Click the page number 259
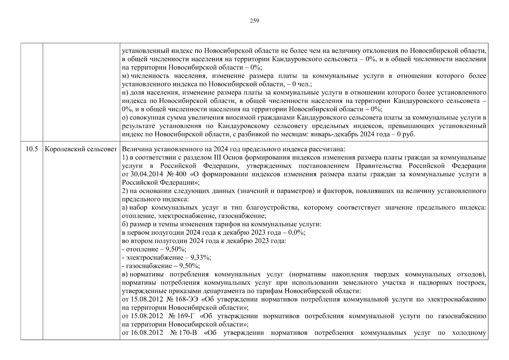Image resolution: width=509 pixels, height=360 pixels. [x=254, y=21]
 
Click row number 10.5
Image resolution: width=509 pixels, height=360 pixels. [x=31, y=149]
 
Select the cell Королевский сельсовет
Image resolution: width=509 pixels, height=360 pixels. [x=81, y=149]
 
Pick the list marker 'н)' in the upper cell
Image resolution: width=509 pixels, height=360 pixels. [x=125, y=92]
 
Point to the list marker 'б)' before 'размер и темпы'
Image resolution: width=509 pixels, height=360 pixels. [x=125, y=224]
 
